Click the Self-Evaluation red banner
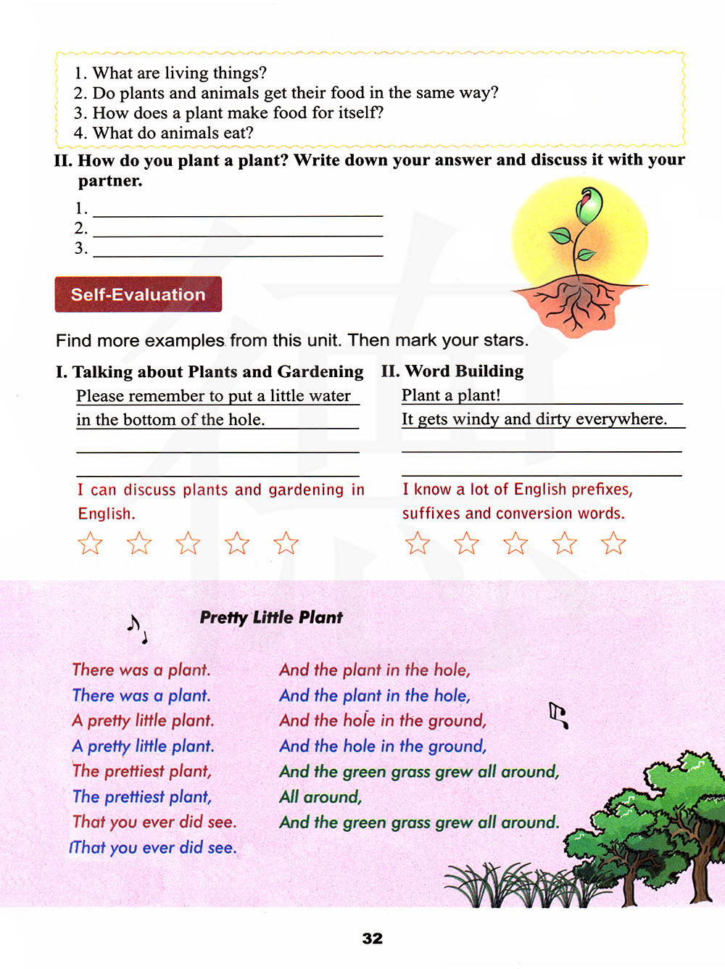138,294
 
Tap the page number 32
372,938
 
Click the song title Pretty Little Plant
270,617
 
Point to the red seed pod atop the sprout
588,205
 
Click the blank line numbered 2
237,229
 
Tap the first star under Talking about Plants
90,543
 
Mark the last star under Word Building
613,543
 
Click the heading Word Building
464,371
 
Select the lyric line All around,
320,796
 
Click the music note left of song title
136,628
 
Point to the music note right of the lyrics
558,715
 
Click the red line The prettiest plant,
141,771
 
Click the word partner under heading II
109,181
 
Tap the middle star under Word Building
515,543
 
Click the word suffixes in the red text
431,514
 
